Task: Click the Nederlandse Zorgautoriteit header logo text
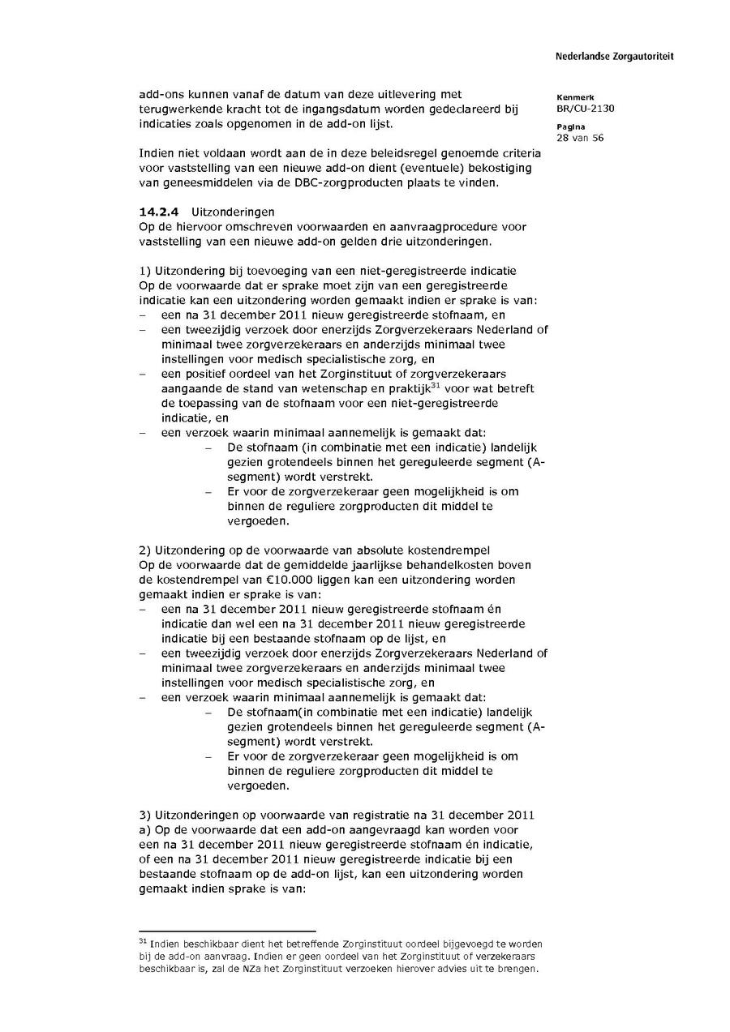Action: click(x=614, y=57)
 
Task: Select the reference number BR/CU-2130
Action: click(x=586, y=108)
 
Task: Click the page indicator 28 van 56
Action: click(x=580, y=138)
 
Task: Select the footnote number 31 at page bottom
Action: click(x=144, y=941)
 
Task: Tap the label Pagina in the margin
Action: click(x=572, y=127)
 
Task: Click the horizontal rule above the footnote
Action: click(x=227, y=931)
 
